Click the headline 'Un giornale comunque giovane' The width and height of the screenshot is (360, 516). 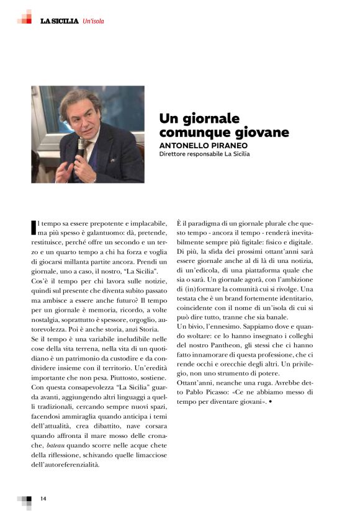(224, 125)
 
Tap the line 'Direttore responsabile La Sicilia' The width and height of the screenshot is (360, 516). (204, 154)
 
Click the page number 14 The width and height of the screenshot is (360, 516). (43, 499)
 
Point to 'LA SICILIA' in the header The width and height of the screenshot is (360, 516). (59, 21)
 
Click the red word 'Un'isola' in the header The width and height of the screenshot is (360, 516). (92, 21)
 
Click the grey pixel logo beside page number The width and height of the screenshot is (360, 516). (25, 500)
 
